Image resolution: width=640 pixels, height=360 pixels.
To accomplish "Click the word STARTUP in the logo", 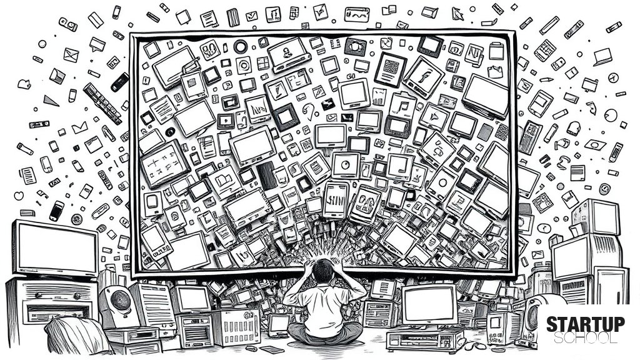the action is [x=585, y=324].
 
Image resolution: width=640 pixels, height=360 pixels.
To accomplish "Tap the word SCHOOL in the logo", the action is [x=585, y=338].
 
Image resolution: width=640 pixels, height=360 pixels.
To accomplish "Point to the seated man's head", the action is [x=323, y=271].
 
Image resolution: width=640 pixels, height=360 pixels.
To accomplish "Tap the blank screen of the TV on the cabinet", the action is [x=56, y=249].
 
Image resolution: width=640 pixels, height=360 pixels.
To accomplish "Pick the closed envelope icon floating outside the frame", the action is [x=71, y=55].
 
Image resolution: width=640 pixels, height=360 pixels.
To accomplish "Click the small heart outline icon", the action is [x=19, y=196].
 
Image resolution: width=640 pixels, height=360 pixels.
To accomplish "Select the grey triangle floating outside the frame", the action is [x=51, y=101].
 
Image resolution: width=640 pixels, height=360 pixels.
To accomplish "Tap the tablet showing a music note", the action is [x=402, y=106].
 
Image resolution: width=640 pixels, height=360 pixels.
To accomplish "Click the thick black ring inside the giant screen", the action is [x=241, y=46].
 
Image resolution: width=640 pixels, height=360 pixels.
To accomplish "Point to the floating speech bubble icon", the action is [x=97, y=44].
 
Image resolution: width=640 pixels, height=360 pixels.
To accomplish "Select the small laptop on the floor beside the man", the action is [x=279, y=325].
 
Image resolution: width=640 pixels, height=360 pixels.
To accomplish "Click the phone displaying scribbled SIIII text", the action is [x=336, y=200].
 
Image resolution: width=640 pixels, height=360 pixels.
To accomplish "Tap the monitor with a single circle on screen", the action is [x=346, y=165].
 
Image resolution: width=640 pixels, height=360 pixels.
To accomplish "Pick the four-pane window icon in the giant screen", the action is [x=263, y=63].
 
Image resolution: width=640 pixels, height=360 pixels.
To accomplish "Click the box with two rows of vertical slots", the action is [x=236, y=327].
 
